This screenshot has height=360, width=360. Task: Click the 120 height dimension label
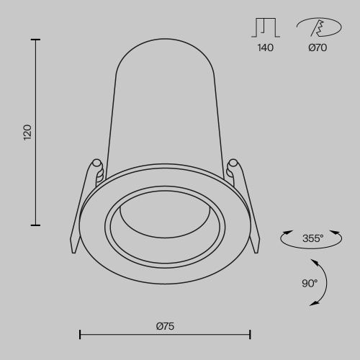point(27,132)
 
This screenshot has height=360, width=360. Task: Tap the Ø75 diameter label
point(165,325)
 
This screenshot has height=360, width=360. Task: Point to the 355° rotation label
point(312,238)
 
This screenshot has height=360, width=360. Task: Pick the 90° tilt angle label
point(309,283)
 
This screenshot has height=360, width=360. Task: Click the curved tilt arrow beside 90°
point(323,283)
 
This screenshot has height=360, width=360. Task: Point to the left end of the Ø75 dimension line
point(79,334)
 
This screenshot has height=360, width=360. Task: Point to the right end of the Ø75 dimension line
point(250,334)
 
